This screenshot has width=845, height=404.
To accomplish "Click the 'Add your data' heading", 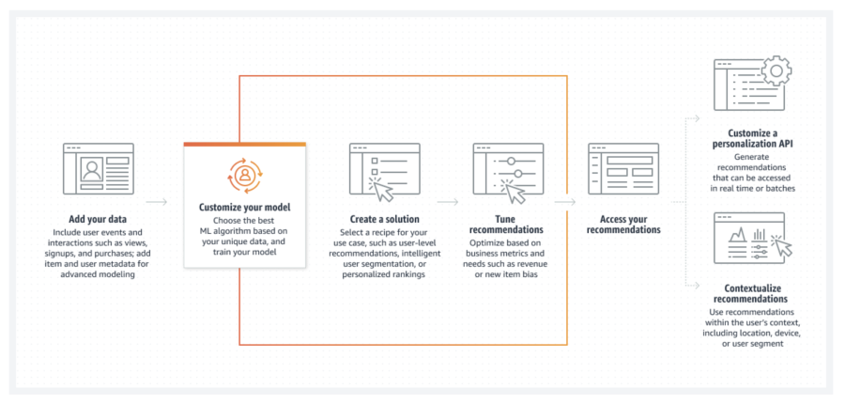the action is (x=99, y=220).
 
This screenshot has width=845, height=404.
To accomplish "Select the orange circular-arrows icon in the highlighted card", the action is (x=245, y=175).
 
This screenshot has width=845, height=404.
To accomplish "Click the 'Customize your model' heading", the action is (x=245, y=208).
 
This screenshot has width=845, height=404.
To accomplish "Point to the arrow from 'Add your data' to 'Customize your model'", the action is (x=156, y=202).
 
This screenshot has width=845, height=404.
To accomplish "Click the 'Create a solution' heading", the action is (x=384, y=220).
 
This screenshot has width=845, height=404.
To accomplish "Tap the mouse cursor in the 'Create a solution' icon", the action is (x=383, y=190).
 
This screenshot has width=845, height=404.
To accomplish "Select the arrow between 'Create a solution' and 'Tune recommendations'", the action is (x=447, y=202).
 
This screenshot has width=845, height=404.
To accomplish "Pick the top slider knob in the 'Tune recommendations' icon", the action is (x=512, y=161).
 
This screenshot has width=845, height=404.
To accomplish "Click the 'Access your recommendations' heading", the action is (x=623, y=225).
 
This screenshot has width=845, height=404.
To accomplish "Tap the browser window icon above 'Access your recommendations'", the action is (x=623, y=169).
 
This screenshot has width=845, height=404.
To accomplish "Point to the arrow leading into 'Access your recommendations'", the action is (x=565, y=202).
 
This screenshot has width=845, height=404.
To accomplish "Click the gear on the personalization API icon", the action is (x=776, y=70).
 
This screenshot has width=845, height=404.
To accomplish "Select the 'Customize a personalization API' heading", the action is (x=753, y=138).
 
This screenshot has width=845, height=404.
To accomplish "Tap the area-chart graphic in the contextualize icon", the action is (x=736, y=234).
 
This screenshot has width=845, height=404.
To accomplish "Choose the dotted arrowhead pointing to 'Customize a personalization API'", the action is (x=697, y=118).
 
